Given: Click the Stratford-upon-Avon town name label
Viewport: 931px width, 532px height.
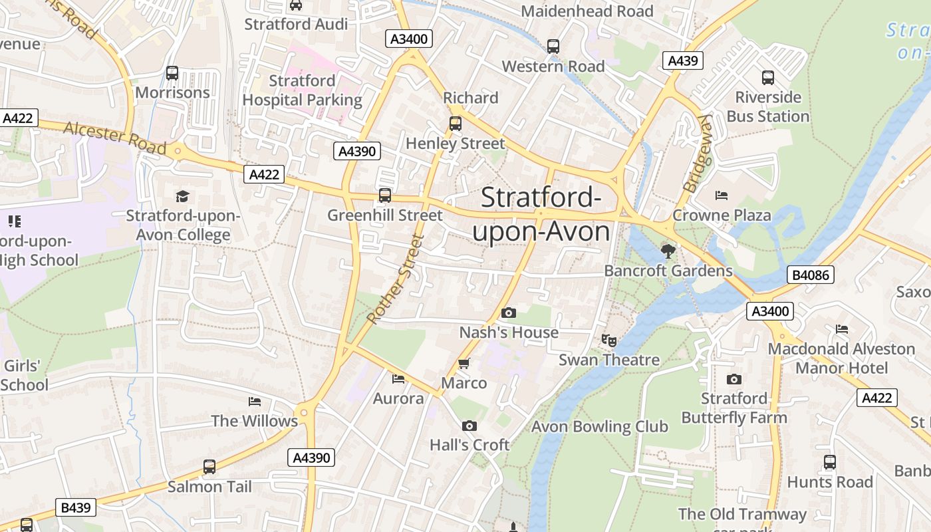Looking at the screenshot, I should tap(541, 215).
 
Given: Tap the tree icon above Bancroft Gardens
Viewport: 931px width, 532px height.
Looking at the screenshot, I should tap(668, 251).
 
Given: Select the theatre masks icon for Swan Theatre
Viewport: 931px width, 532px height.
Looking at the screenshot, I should tap(608, 340).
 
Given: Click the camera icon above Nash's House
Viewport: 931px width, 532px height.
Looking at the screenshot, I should tap(508, 313).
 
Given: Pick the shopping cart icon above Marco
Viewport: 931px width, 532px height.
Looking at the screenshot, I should tap(464, 364).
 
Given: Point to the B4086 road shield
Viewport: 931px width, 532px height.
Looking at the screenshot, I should tap(811, 274).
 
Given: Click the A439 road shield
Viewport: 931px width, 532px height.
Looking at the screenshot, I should tap(683, 61).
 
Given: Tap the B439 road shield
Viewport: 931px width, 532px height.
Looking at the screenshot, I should tap(75, 507).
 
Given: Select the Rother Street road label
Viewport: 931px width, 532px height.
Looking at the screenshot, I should tap(395, 279).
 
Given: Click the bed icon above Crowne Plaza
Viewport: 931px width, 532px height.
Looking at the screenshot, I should tap(722, 196).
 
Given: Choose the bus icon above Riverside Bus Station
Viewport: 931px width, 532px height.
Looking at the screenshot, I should tap(768, 78).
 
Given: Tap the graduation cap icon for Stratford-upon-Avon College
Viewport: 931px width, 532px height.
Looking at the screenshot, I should tap(182, 196).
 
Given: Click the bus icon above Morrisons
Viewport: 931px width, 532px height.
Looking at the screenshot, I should tap(172, 73).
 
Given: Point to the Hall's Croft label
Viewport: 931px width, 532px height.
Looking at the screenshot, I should tap(469, 445).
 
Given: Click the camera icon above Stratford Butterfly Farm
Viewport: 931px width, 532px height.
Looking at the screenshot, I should tap(733, 379).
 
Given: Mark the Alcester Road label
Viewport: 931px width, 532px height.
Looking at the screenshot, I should tap(114, 138).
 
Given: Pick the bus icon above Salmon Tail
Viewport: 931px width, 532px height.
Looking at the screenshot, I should tap(209, 467).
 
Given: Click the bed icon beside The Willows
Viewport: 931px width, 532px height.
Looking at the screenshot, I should tap(254, 402).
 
